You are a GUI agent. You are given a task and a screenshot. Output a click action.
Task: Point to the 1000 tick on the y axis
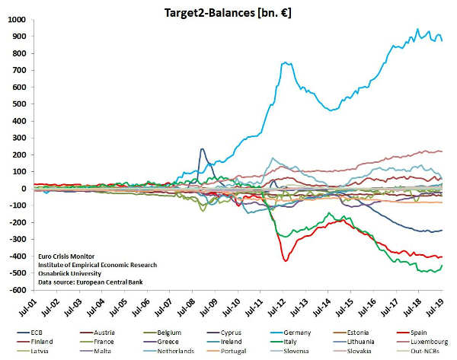[14, 20]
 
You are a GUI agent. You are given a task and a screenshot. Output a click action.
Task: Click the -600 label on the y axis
[14, 290]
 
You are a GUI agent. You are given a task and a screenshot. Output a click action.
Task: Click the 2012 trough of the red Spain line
[286, 261]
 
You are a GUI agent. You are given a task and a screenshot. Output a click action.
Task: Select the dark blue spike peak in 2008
[202, 149]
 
